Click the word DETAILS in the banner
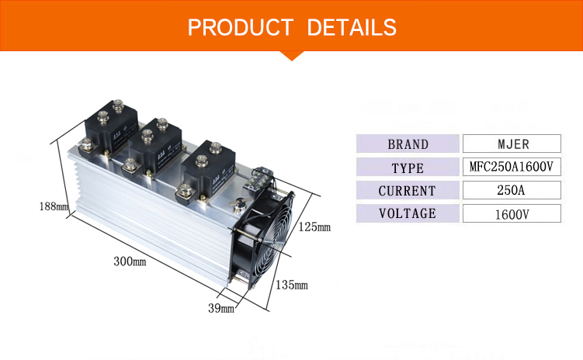point(352,28)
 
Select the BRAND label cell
point(408,144)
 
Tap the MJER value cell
point(512,144)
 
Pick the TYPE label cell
point(408,167)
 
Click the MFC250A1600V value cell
point(512,167)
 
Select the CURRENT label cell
point(408,190)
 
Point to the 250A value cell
point(512,190)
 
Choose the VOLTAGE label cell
point(408,213)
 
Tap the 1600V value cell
point(512,213)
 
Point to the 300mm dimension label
point(130,261)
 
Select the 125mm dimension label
point(314,227)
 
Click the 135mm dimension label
point(291,285)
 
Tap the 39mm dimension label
point(222,308)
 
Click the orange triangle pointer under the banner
point(291,54)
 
